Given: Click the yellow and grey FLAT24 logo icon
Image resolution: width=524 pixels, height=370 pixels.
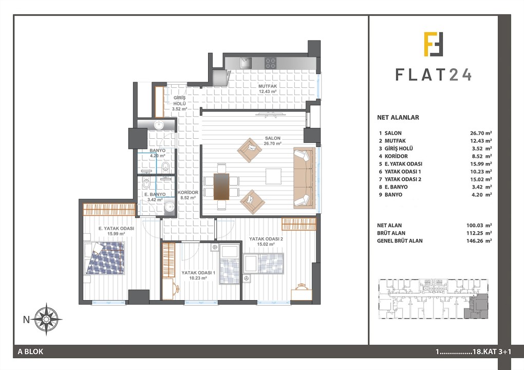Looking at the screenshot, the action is [x=434, y=44].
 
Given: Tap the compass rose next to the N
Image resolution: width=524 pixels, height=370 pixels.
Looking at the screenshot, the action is [x=46, y=319].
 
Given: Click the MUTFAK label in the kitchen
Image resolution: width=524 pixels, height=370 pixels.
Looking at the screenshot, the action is [x=268, y=86].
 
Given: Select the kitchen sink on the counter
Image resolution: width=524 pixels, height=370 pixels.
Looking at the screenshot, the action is [x=247, y=63].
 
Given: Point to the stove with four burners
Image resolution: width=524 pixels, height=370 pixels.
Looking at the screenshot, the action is [x=270, y=63].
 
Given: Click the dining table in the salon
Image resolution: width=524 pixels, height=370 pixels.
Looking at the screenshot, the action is [x=221, y=186].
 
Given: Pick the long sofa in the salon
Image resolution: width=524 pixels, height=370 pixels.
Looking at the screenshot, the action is [x=305, y=178].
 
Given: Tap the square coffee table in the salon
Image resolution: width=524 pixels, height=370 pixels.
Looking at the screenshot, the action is [x=273, y=176].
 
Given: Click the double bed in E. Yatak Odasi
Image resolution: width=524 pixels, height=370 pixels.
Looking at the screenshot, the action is [x=104, y=258].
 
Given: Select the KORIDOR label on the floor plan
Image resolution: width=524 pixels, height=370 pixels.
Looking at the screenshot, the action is [x=188, y=193].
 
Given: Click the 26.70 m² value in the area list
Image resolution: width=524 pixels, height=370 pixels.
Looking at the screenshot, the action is [x=481, y=133].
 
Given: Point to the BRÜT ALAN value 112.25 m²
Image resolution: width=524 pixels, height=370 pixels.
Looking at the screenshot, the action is [x=479, y=233].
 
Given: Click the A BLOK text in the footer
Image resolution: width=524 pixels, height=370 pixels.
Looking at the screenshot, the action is [x=31, y=351].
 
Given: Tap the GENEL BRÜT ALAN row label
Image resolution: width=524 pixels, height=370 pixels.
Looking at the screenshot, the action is [x=400, y=240].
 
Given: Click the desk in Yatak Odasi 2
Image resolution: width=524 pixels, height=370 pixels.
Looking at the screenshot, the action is [x=302, y=294].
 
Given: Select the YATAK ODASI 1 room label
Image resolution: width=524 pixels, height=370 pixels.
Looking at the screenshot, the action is [x=198, y=273].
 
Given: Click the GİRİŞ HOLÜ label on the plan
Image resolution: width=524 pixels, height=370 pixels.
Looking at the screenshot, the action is [x=179, y=101].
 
